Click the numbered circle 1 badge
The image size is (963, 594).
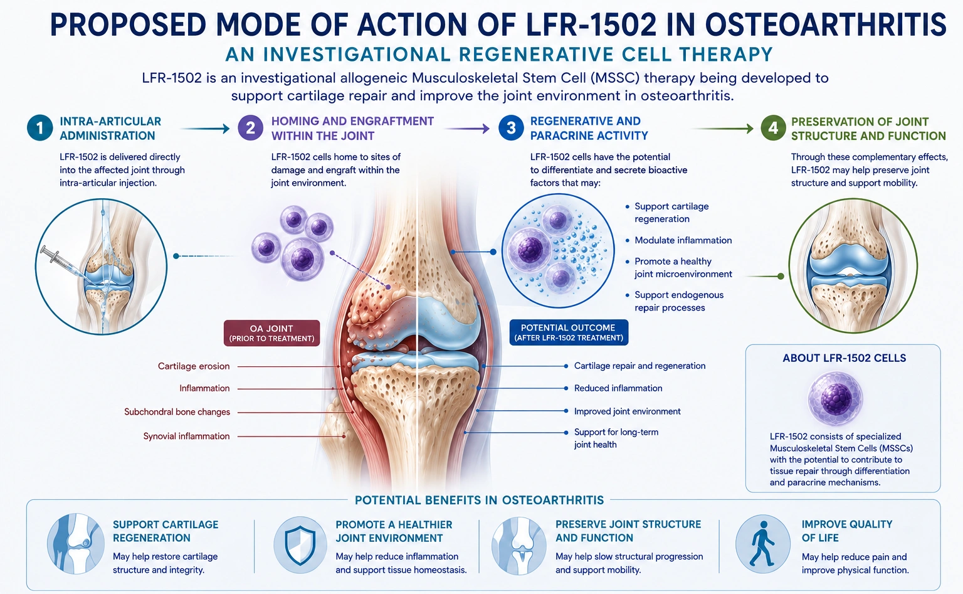tap(39, 128)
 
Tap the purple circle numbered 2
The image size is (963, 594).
tap(250, 128)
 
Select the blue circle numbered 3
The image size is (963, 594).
tap(511, 128)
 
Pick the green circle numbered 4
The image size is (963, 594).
tap(773, 128)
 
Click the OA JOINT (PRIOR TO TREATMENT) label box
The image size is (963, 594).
tap(271, 333)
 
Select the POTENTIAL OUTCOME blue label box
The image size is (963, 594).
tap(569, 332)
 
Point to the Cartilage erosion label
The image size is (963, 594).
tap(194, 366)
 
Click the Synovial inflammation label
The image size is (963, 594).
tap(186, 436)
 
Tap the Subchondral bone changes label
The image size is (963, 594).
tap(177, 411)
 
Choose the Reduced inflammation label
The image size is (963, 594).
tap(618, 388)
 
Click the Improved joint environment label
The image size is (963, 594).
tap(627, 411)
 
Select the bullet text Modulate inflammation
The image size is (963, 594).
tap(683, 240)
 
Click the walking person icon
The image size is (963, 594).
tap(762, 544)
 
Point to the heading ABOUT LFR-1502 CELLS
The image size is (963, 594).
tap(845, 358)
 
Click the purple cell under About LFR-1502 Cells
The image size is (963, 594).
tap(835, 398)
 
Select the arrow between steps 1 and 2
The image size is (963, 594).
tap(204, 128)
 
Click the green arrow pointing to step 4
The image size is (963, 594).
tap(724, 128)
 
